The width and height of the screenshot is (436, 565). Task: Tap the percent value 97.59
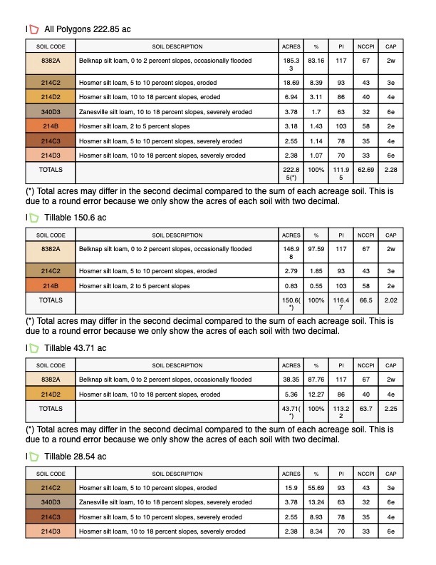316,249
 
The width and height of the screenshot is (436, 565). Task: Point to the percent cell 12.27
316,394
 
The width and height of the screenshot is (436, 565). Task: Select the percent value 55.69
316,488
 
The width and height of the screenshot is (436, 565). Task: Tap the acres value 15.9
291,488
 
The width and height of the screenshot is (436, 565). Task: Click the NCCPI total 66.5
366,301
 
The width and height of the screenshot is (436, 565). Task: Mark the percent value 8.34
316,531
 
